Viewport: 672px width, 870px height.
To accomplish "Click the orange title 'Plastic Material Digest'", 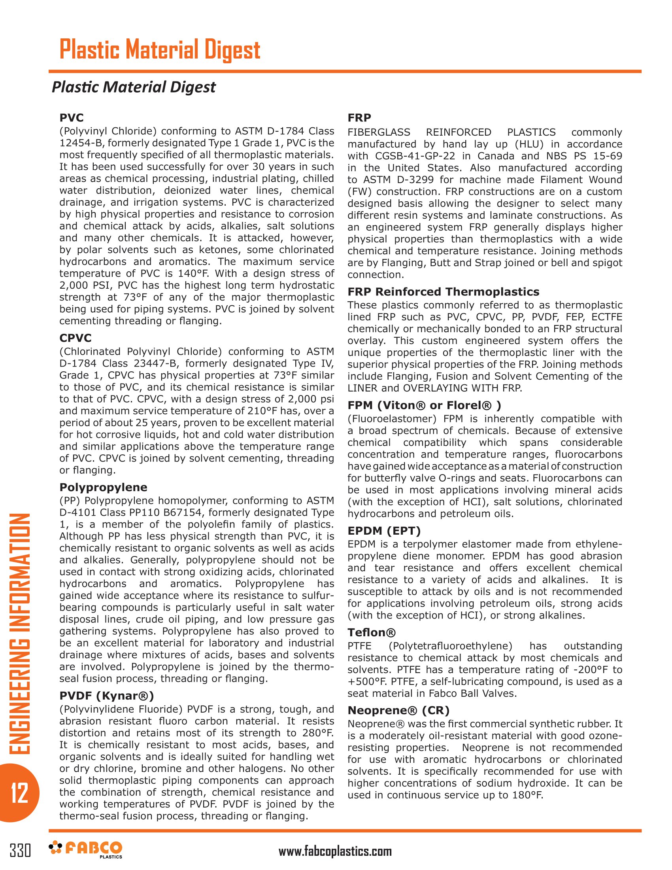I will (x=160, y=50).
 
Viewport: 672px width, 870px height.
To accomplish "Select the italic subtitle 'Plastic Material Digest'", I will (x=134, y=87).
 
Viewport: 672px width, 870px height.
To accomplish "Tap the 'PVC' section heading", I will (x=72, y=118).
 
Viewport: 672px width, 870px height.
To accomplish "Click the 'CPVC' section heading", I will (x=76, y=338).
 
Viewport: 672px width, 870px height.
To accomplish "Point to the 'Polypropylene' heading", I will (x=104, y=488).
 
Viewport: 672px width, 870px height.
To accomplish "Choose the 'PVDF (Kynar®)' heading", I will (x=107, y=696).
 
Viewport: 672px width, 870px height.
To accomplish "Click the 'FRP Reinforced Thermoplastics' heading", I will (x=444, y=292).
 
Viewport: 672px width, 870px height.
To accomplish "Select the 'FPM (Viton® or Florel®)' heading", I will (x=425, y=405).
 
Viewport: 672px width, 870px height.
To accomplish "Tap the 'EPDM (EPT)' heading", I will (x=384, y=531).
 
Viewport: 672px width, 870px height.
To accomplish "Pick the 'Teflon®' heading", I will (x=372, y=633).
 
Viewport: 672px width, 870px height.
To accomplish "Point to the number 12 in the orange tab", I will (x=19, y=793).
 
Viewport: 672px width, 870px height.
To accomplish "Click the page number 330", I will (x=20, y=851).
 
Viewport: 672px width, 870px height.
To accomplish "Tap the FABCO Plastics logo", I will (x=86, y=850).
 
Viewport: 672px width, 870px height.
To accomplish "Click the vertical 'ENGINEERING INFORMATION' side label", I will (x=19, y=634).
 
